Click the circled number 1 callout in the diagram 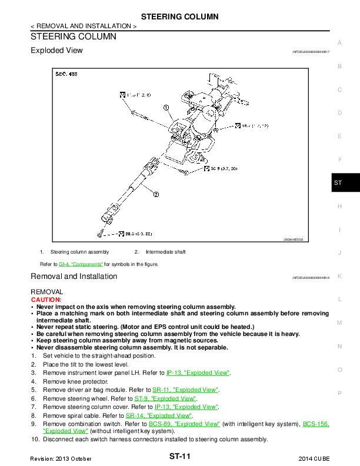[166, 108]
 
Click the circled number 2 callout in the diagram [155, 194]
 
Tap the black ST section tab [338, 183]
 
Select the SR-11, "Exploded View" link [185, 390]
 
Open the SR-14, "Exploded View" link [159, 415]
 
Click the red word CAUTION [46, 299]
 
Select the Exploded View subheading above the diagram [56, 51]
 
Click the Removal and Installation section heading [74, 277]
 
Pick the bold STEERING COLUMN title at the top [179, 16]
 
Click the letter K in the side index [339, 276]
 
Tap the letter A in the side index [339, 42]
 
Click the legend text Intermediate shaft [165, 252]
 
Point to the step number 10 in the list [35, 439]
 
